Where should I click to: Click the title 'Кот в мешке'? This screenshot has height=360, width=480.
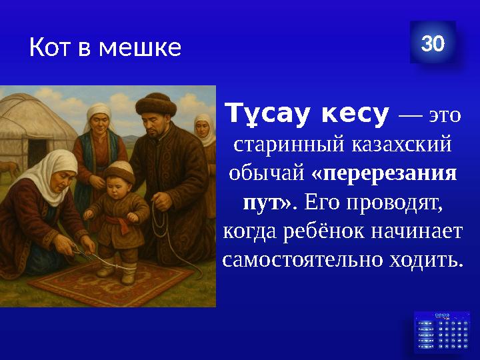[x=105, y=47]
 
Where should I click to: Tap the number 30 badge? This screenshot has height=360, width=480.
[x=433, y=43]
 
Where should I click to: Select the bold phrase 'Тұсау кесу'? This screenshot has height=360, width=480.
[x=307, y=115]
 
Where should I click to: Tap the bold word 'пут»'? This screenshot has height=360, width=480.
[x=265, y=202]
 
